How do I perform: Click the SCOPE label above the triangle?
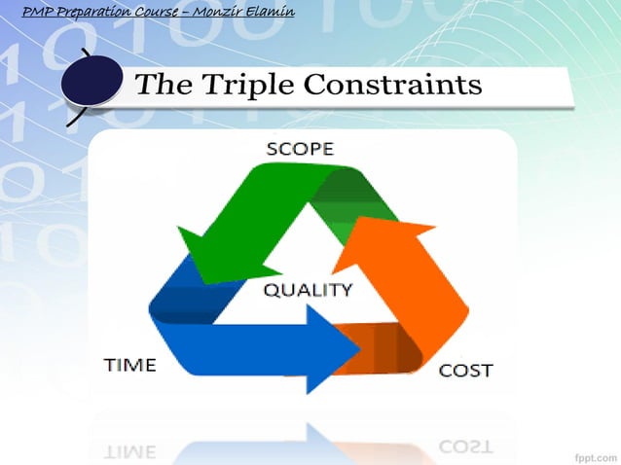[300, 149]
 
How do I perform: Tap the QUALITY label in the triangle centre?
[308, 290]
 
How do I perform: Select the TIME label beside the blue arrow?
[129, 366]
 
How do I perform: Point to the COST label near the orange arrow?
[465, 371]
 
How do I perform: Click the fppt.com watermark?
[590, 453]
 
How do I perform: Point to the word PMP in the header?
[38, 11]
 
